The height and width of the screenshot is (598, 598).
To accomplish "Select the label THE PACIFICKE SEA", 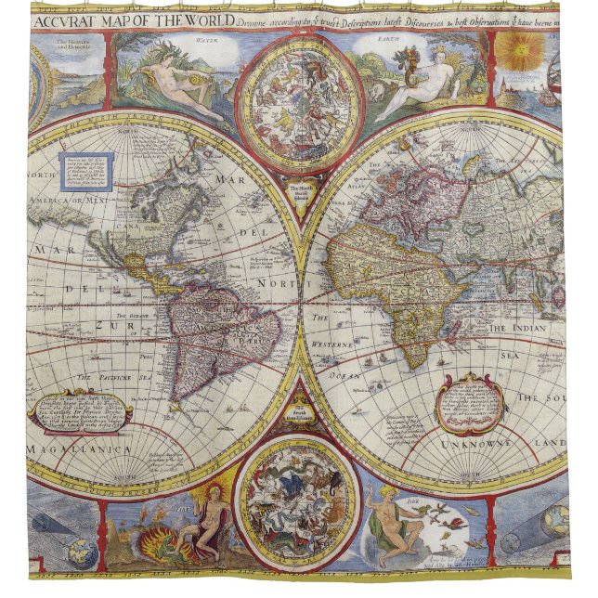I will click(112, 378).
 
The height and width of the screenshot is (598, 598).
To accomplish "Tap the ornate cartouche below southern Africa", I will click(472, 403).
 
